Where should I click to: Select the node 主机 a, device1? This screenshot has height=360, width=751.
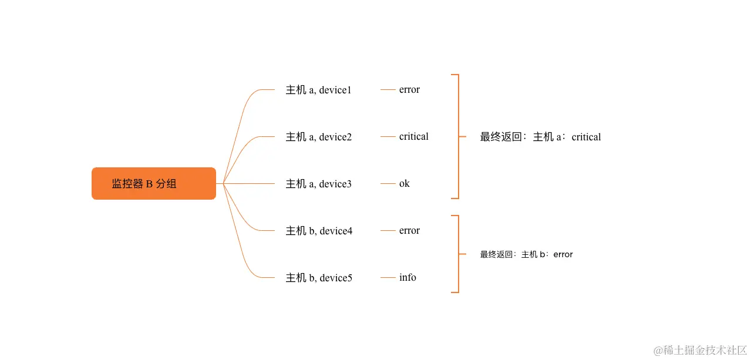pos(318,90)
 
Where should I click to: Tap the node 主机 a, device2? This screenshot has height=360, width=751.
pos(318,137)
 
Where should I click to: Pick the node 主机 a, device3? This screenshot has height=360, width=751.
pos(318,184)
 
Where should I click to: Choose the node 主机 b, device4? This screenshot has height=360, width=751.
pos(319,231)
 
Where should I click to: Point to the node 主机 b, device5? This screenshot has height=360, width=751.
pos(319,278)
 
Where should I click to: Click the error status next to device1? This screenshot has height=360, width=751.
pos(409,90)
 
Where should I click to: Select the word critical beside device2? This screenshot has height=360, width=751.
pos(413,137)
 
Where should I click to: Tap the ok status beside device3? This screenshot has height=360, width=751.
pos(404,184)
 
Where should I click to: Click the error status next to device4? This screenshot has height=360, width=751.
pos(409,231)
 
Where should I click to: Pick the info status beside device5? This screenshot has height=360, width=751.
pos(408,278)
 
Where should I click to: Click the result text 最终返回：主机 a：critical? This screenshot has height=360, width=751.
pos(540,137)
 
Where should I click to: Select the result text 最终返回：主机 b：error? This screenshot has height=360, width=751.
pos(526,254)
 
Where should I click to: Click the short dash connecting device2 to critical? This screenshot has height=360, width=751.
pos(388,137)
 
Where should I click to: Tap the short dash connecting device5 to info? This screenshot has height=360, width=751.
pos(388,278)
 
